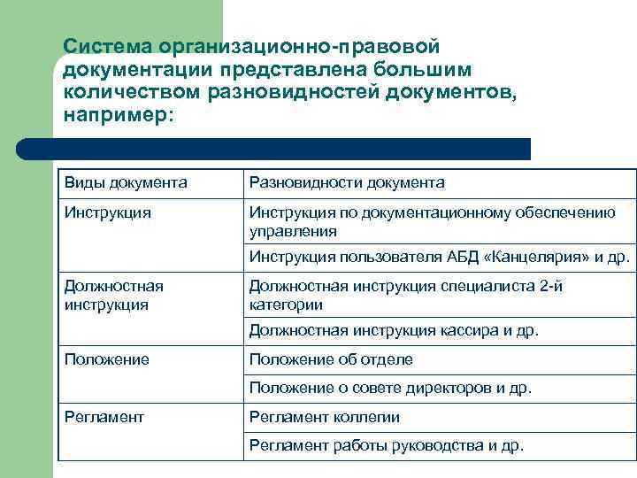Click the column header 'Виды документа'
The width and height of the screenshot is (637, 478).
(126, 183)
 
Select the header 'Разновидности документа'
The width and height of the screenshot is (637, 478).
(347, 183)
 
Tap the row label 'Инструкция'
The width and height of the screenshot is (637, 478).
(107, 212)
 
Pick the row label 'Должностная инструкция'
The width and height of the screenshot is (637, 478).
(113, 295)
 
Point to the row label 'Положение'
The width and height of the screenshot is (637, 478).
(106, 359)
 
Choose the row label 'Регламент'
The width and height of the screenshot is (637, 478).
(104, 417)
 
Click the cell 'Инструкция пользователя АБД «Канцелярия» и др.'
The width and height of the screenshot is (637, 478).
(440, 258)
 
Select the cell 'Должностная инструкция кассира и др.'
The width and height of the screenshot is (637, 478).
(394, 331)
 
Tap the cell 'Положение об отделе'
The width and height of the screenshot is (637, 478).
(331, 359)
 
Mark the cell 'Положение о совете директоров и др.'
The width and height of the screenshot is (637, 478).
(390, 388)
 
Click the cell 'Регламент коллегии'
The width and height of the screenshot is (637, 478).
(325, 417)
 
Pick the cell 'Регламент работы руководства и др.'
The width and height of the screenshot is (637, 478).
(387, 445)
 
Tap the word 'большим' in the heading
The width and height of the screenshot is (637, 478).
(429, 69)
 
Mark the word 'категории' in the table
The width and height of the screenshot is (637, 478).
(286, 305)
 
